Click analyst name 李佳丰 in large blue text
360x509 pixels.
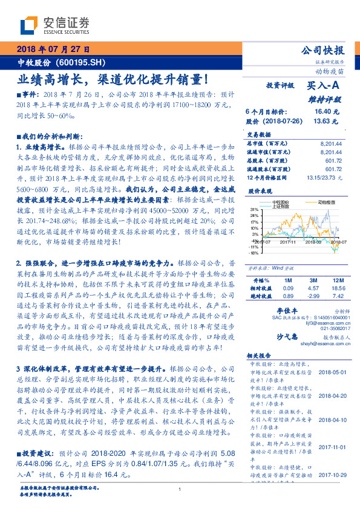tap(285, 309)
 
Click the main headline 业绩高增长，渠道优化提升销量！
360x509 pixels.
tap(113, 79)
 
